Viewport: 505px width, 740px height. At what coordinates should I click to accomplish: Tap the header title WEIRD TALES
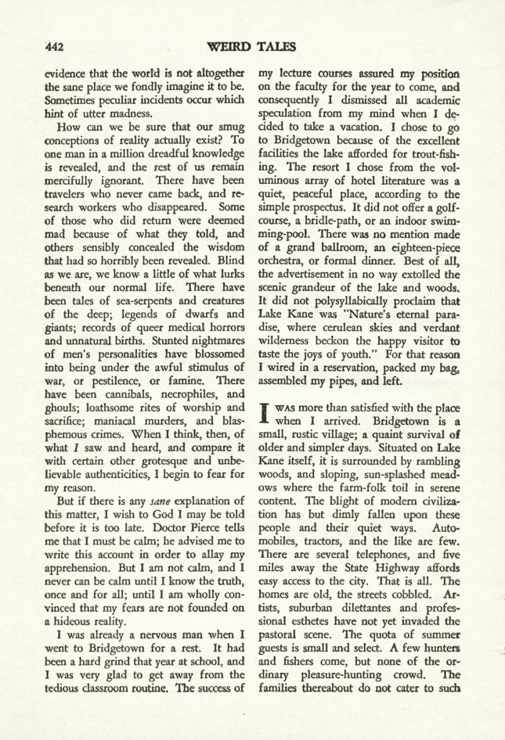point(252,45)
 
